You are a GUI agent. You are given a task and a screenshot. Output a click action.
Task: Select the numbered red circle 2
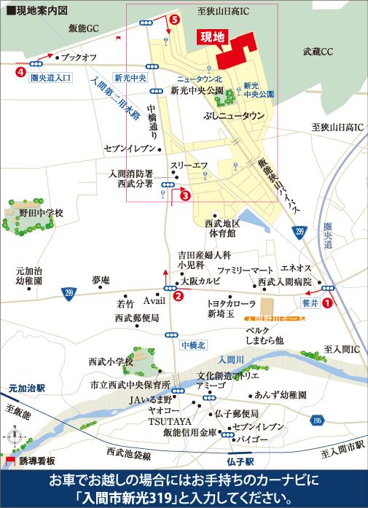coord(178,296)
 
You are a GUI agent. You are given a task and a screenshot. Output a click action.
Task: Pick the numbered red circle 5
coord(173,20)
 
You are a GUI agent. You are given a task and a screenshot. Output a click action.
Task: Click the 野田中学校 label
coord(42,214)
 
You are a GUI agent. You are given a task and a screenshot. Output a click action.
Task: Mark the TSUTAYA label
coord(169,422)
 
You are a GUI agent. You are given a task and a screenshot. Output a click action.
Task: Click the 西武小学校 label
coord(111,362)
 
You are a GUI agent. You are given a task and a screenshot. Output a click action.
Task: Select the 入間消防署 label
coord(131,174)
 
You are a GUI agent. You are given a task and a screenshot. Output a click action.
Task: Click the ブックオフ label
coord(79,56)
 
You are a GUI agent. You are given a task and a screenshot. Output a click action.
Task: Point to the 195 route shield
coord(316,421)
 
